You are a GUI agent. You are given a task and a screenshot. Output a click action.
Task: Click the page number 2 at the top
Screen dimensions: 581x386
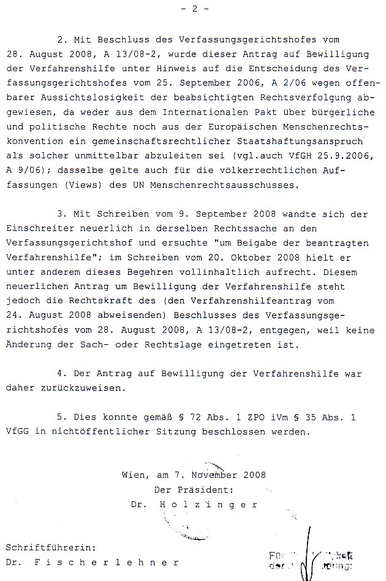(x=195, y=9)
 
